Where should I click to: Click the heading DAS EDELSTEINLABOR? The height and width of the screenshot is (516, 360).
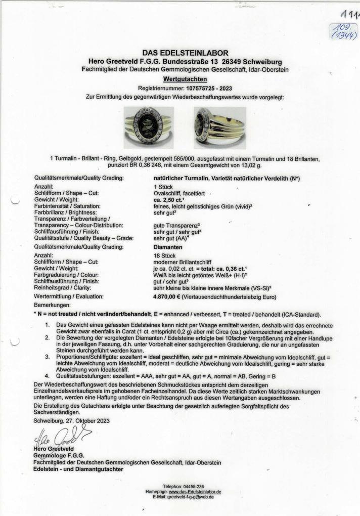tap(185, 53)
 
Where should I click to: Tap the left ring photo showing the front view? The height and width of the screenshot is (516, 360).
tap(149, 127)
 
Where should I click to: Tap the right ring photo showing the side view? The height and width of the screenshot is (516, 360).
tap(219, 127)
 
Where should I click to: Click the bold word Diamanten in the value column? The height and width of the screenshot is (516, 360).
tap(167, 247)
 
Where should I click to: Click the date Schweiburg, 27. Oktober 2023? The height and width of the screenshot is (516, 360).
tap(71, 420)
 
